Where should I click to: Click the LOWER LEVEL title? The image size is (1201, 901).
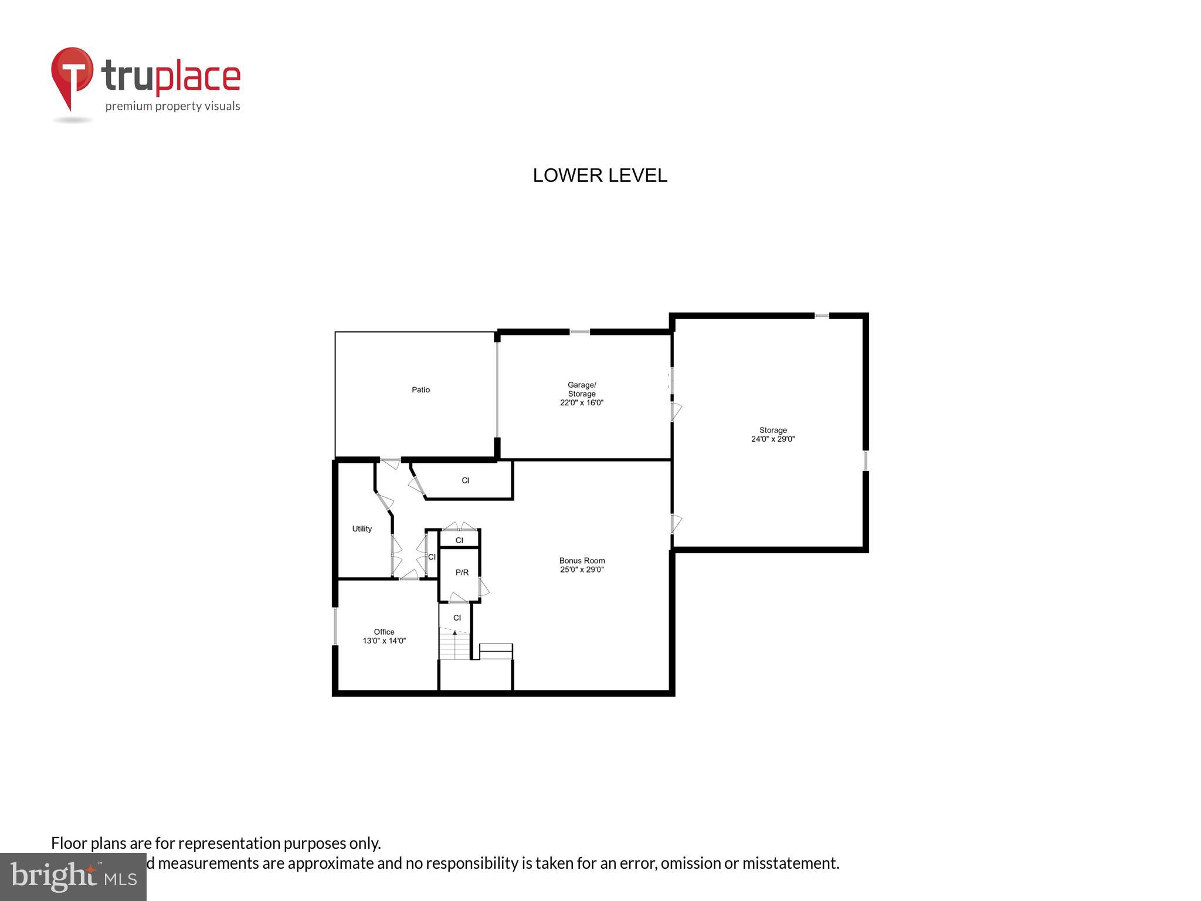tap(599, 175)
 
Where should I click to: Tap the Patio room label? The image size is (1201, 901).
tap(420, 389)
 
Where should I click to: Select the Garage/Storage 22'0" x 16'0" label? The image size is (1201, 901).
tap(581, 394)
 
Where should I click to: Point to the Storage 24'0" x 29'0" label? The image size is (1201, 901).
tap(772, 434)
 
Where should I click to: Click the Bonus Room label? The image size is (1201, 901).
tap(582, 564)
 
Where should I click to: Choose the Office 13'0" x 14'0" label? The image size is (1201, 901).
tap(384, 636)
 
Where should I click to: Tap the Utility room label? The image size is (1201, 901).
tap(362, 529)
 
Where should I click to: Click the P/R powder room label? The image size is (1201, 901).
tap(462, 572)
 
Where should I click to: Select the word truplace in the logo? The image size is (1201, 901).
tap(171, 77)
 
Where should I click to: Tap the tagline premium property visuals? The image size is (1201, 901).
tap(172, 106)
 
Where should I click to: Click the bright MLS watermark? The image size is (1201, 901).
tap(73, 876)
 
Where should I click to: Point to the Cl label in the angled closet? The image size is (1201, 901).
tap(465, 480)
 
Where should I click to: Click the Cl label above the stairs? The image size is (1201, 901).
tap(457, 618)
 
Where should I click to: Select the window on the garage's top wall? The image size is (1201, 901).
tap(579, 332)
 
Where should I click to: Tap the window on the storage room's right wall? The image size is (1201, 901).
tap(865, 460)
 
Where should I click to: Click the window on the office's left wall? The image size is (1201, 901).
tap(335, 626)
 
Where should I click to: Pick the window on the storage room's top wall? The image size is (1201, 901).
tap(822, 316)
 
